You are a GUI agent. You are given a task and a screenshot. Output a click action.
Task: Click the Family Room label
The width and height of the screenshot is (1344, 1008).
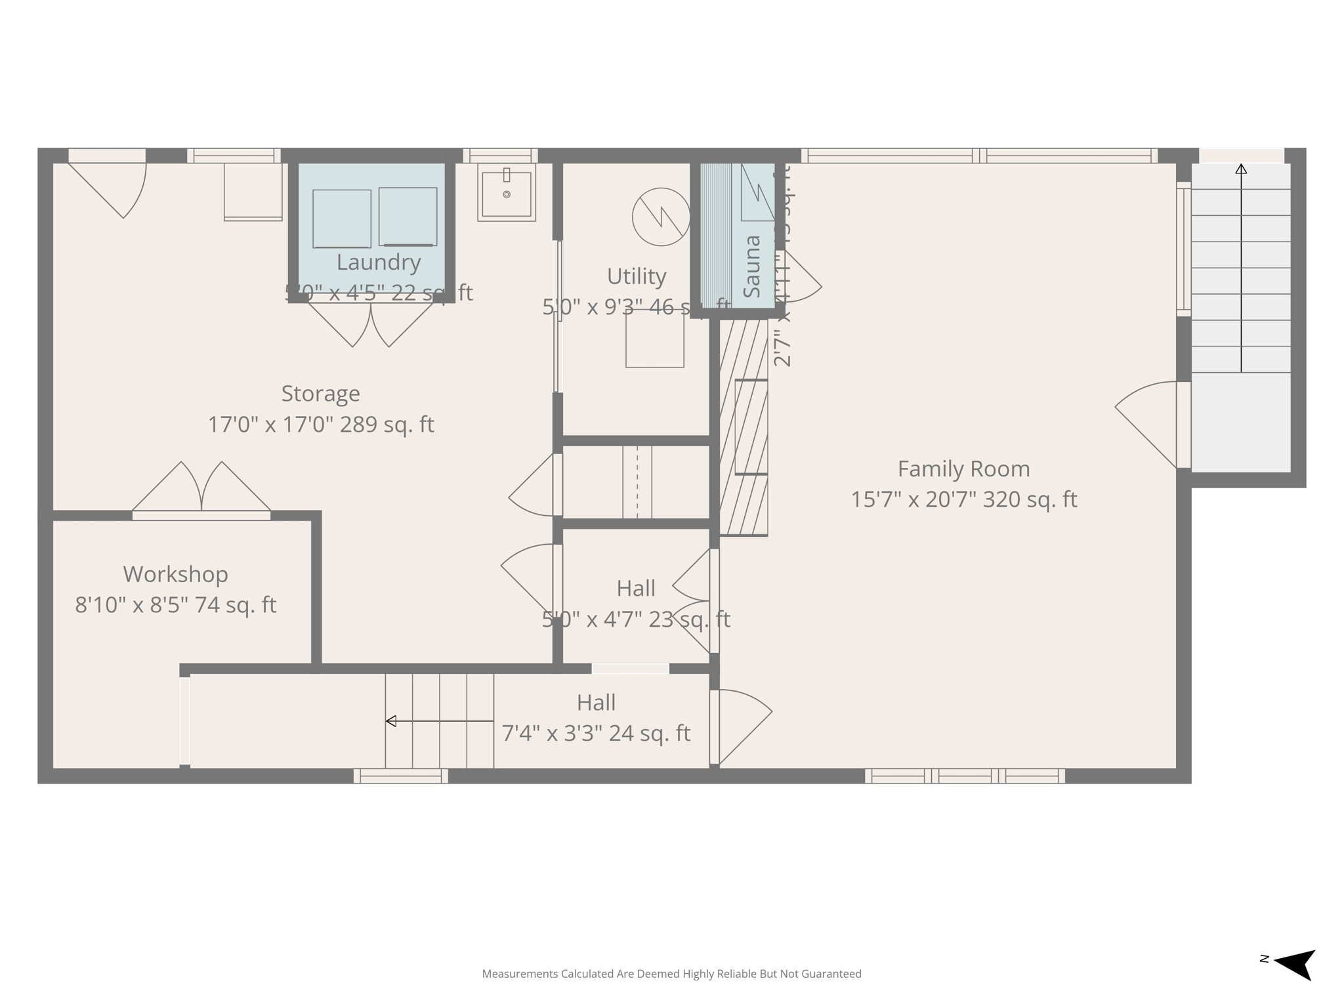click(963, 469)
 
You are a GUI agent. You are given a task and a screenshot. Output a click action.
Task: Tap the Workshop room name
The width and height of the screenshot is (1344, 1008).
click(175, 574)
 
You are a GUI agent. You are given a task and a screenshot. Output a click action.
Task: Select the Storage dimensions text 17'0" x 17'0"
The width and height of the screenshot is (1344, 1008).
click(321, 425)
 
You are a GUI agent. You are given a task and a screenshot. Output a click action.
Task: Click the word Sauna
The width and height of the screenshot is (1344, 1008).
click(752, 266)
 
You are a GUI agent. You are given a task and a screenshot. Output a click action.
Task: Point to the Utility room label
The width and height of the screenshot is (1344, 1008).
click(636, 276)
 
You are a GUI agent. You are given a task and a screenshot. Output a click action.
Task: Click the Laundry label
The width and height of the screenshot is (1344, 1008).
click(379, 262)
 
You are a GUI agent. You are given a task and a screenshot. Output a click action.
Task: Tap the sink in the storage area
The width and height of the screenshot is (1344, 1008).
click(506, 192)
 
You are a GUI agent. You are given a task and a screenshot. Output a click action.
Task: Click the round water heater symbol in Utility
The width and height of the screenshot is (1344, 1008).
click(661, 217)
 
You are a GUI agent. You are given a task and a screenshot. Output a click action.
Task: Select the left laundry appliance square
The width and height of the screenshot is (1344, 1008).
click(341, 219)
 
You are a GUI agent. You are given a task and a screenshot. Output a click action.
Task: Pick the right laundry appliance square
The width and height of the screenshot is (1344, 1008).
click(408, 217)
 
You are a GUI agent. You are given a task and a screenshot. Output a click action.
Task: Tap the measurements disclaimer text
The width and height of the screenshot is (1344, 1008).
click(671, 974)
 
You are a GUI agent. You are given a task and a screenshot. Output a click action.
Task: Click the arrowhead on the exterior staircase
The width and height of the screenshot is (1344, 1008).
click(1240, 169)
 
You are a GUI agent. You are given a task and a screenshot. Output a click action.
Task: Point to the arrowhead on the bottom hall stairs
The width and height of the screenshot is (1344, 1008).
click(391, 721)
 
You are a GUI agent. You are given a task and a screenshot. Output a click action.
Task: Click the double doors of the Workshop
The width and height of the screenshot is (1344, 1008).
click(201, 489)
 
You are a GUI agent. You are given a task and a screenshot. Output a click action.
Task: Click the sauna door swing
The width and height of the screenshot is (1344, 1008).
click(801, 279)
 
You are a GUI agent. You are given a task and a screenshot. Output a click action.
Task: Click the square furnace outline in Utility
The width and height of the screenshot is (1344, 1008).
click(654, 339)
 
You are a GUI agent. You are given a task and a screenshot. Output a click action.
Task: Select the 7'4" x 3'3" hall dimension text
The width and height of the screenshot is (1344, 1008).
click(596, 733)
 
